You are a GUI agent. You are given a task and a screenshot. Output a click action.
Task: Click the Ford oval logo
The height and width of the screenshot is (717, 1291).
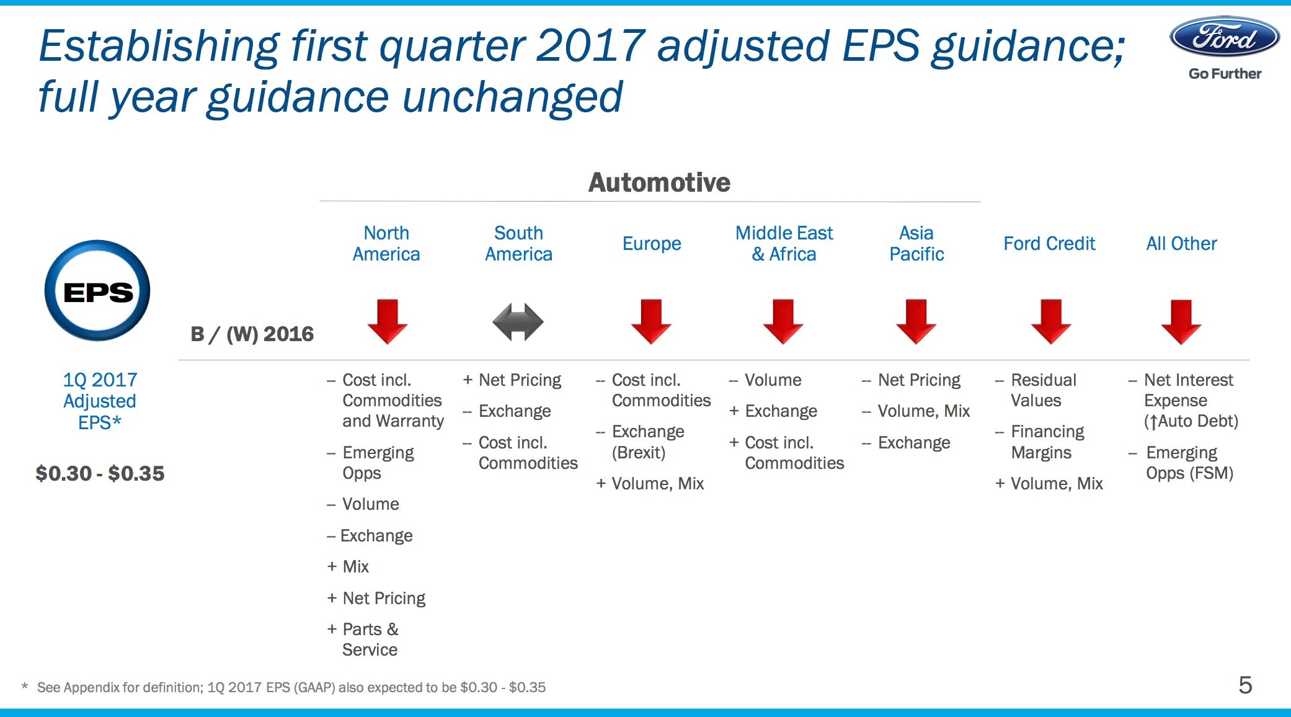click(1224, 37)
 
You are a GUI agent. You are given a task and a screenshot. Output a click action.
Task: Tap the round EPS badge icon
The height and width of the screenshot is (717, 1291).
click(97, 291)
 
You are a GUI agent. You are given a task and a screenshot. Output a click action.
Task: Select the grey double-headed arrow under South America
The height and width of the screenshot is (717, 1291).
click(518, 321)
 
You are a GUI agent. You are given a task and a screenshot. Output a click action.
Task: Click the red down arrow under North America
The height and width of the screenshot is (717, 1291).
click(387, 321)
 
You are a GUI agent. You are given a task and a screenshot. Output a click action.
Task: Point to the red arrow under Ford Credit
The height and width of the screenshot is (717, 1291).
click(1051, 321)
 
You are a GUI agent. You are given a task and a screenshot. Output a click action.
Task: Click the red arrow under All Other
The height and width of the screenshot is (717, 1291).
click(1181, 321)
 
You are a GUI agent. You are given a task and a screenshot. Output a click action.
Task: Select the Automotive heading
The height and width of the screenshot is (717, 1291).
click(659, 182)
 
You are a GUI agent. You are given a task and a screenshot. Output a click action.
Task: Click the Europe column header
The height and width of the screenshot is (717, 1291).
click(651, 244)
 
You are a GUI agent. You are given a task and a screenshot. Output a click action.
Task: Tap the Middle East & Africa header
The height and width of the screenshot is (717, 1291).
click(784, 243)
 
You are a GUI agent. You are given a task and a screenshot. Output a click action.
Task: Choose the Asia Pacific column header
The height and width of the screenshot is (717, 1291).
click(916, 243)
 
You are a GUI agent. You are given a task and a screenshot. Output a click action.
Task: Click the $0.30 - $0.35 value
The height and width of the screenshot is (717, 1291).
click(100, 473)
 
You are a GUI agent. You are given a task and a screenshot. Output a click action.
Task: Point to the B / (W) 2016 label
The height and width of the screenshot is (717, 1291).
click(252, 334)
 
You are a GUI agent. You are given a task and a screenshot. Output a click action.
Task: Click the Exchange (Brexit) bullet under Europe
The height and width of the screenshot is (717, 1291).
click(647, 442)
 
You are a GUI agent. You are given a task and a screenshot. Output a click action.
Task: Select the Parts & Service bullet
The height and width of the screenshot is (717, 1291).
click(370, 639)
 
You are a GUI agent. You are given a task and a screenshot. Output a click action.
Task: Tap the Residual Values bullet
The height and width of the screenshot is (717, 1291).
click(1043, 390)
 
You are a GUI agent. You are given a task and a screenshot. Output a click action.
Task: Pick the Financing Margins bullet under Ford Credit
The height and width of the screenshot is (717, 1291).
click(1047, 442)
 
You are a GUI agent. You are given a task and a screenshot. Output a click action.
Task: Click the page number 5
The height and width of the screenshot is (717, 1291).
click(1245, 685)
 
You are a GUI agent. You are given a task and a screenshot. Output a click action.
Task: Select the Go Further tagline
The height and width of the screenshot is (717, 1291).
click(1225, 73)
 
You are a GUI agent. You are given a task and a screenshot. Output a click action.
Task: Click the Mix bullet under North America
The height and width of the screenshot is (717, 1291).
click(355, 566)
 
